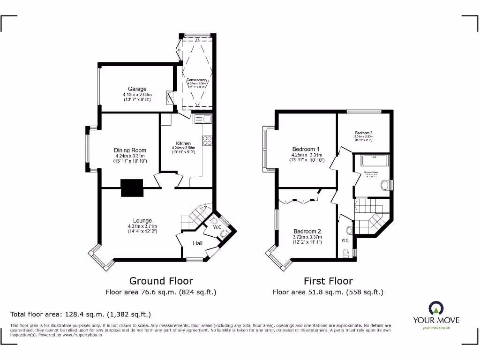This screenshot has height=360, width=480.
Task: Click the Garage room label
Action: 137,89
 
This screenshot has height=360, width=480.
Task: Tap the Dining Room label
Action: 130,150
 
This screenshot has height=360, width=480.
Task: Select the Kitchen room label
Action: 183,143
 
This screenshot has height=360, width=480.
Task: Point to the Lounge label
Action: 142,221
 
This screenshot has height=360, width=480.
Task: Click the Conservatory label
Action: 197,80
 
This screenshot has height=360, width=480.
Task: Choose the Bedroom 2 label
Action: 307,231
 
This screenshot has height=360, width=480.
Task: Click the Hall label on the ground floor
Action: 198,243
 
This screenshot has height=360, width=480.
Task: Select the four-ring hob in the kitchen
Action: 207,140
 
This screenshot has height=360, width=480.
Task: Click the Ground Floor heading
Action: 161,281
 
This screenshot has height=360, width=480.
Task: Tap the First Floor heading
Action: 328,281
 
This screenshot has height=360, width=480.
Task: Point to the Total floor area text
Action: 81,314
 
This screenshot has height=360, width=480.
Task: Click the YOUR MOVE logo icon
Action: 435,309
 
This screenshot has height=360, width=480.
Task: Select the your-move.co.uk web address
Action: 436,328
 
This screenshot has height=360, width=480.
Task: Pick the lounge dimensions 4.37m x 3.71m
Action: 142,226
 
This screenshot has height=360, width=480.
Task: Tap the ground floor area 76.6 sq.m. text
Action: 161,292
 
